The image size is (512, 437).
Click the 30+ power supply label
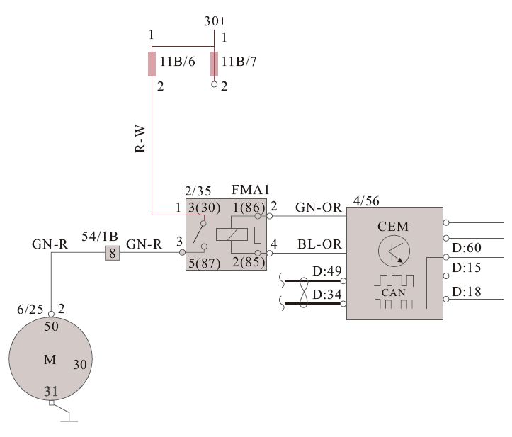coord(215,21)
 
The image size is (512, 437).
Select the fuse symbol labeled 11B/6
coord(152,64)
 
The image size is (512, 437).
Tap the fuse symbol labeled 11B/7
coord(214,64)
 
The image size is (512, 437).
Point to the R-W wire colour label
coord(140,140)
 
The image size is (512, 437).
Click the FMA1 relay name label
coord(251,189)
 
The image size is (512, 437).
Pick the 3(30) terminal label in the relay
coord(205,208)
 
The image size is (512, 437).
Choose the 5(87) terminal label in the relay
coord(205,263)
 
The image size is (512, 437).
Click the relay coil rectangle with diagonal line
coord(232,234)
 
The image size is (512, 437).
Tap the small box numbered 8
coord(113,253)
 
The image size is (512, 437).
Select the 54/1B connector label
coord(100,236)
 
